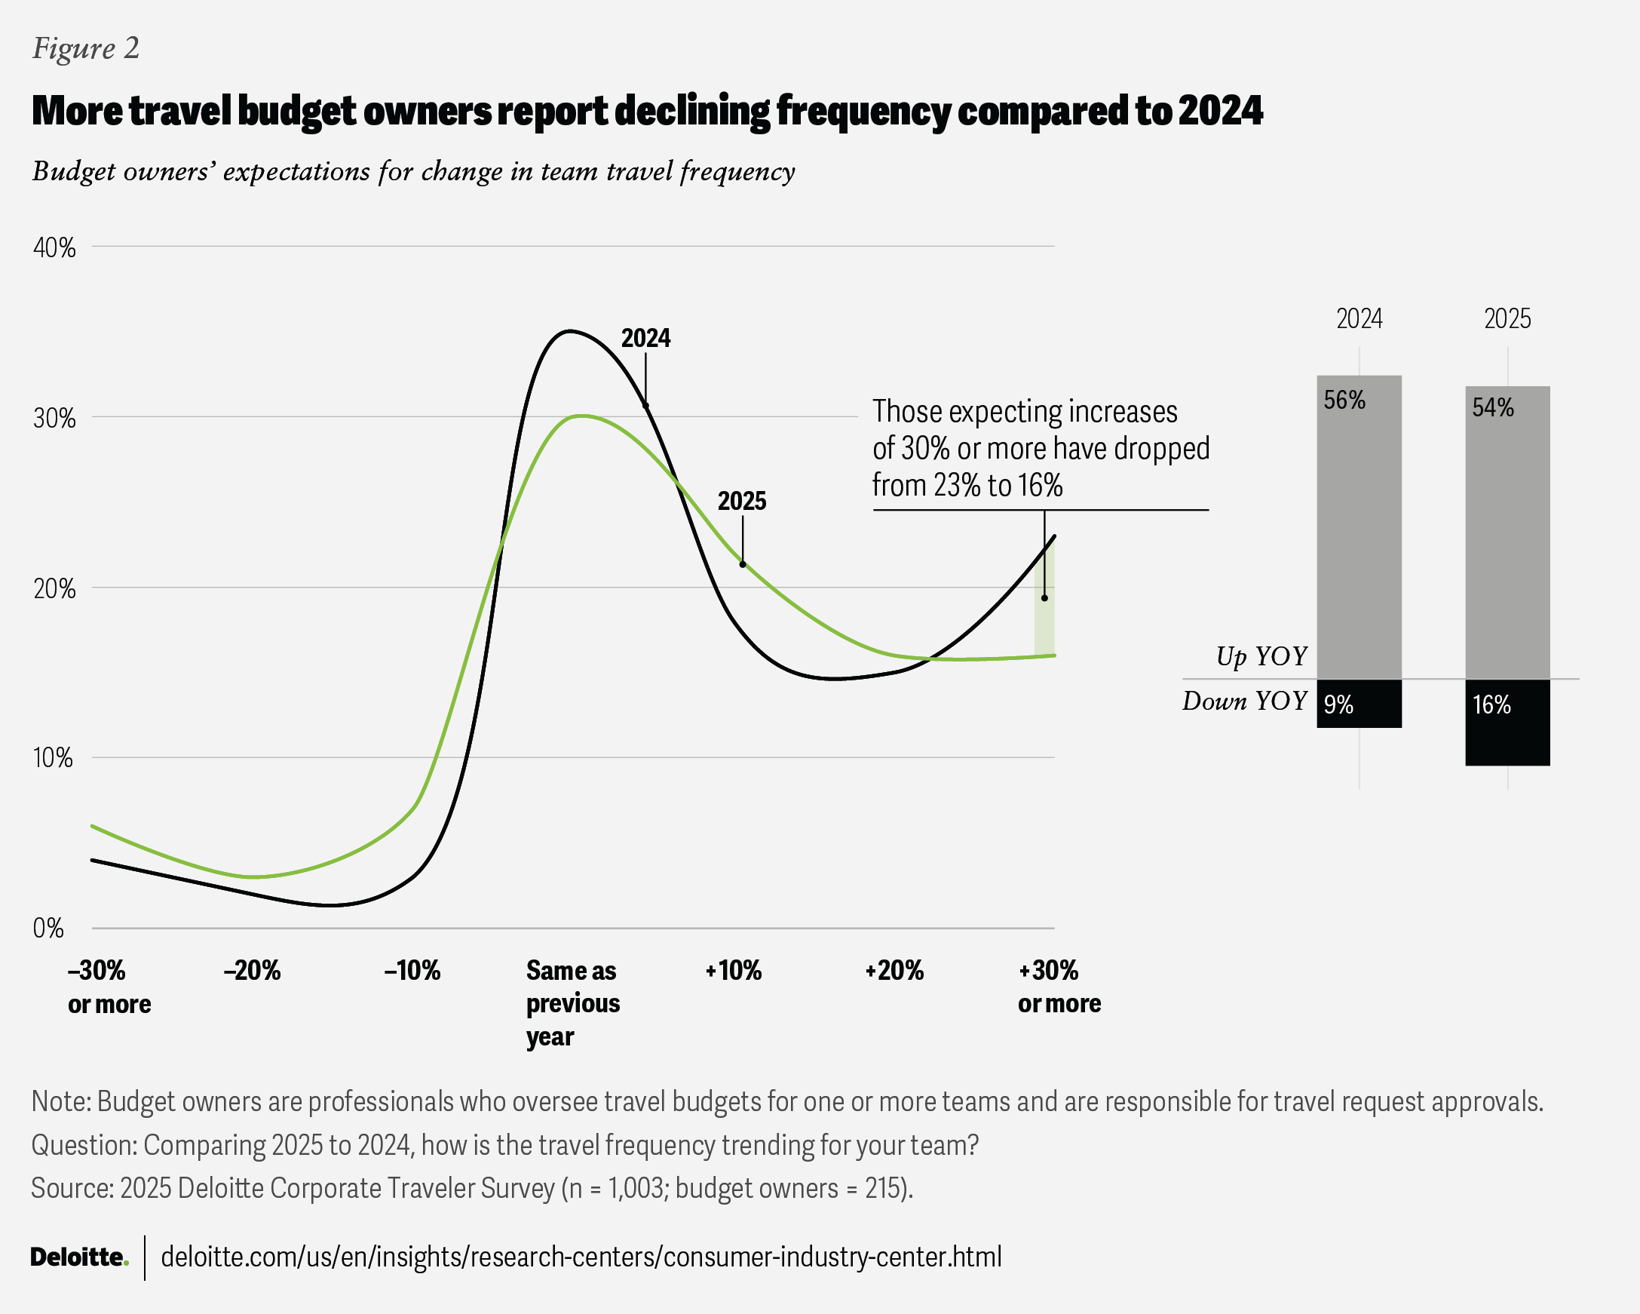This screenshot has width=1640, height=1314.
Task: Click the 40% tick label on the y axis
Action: click(54, 248)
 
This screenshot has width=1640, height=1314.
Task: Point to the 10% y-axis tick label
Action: click(53, 758)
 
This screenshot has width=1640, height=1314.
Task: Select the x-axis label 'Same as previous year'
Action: click(573, 1002)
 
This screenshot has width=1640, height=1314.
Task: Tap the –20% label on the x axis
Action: click(252, 971)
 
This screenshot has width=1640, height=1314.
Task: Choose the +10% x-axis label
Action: click(733, 971)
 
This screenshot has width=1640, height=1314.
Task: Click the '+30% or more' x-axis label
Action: click(1059, 987)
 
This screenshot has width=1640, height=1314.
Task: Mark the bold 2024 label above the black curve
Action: click(645, 338)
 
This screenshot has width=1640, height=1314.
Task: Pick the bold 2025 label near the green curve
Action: click(742, 501)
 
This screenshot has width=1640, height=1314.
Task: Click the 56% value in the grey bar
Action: click(1344, 401)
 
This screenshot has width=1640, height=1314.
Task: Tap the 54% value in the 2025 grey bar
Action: click(1492, 408)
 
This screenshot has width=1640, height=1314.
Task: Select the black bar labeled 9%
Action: click(1360, 704)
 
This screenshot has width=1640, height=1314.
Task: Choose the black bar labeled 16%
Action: click(1507, 723)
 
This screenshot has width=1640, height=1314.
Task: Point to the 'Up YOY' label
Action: click(1261, 655)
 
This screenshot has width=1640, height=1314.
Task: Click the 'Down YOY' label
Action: click(1244, 701)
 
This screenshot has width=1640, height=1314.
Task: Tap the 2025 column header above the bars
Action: click(1507, 318)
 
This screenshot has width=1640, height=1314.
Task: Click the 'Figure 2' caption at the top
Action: click(86, 49)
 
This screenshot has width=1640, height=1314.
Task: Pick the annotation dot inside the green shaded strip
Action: click(1044, 598)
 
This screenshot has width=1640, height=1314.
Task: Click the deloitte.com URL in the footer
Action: click(581, 1256)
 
